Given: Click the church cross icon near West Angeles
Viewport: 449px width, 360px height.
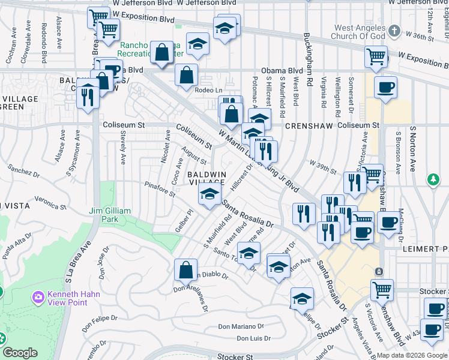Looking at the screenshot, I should [x=394, y=30].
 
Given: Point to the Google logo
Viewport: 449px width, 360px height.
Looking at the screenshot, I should [x=20, y=353].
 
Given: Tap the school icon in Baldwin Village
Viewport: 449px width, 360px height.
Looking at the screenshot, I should [x=209, y=194].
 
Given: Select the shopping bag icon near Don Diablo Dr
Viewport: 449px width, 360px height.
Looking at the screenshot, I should [x=186, y=269].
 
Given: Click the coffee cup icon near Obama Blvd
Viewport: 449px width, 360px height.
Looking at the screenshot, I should [x=385, y=87].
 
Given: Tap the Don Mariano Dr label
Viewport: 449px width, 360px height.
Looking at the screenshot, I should [x=240, y=327].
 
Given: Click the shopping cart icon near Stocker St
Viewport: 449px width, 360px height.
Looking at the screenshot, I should [x=382, y=290].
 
